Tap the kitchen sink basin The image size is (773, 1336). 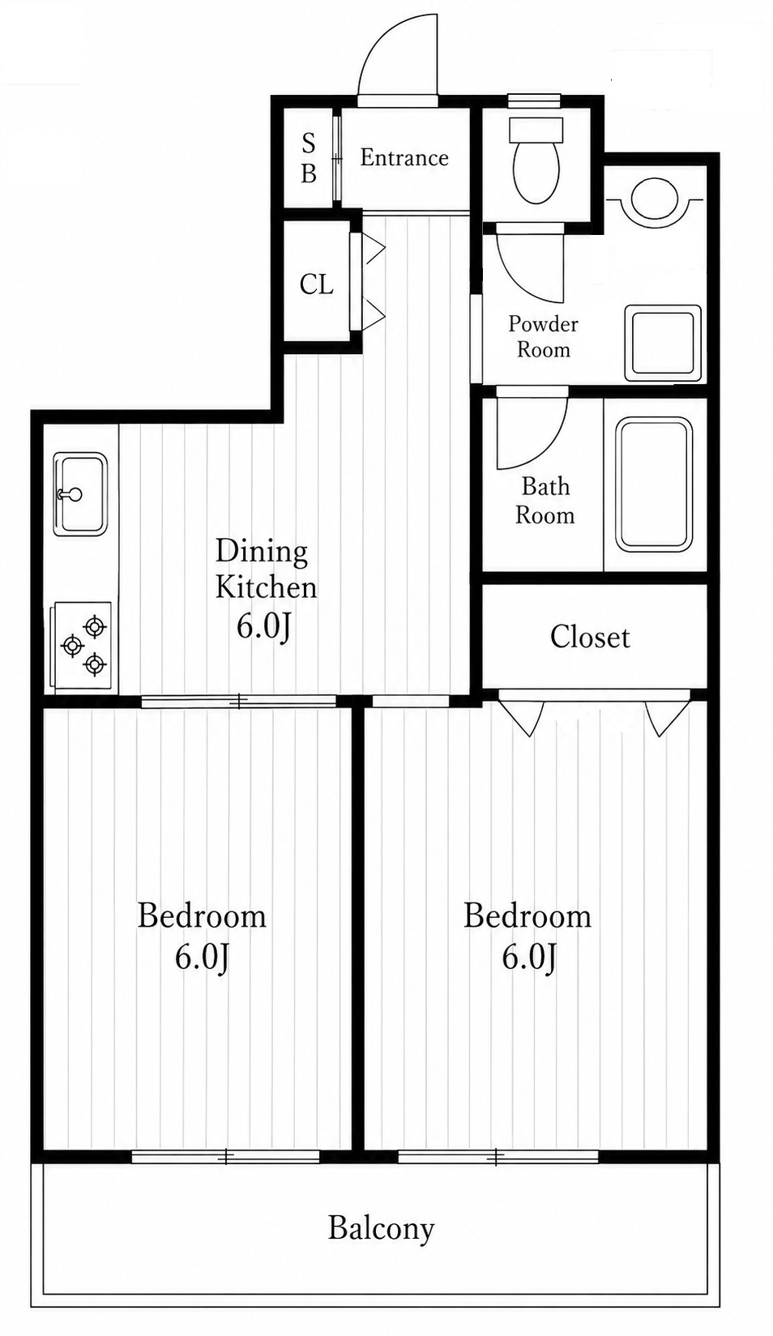coord(80,493)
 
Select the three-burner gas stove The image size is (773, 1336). coord(83,647)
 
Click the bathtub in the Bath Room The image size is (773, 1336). coord(655,484)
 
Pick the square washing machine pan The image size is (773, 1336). coord(663,344)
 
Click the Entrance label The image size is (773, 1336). coord(404,158)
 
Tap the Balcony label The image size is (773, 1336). coord(381,1228)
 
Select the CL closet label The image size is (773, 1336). coord(316,285)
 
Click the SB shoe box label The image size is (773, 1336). coord(309,158)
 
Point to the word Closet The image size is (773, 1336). coord(590,637)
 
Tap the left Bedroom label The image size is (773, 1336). coord(202,916)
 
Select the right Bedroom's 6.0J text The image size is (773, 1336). coord(529,957)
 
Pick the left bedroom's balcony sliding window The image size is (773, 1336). coord(225,1157)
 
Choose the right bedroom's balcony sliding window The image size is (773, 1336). coord(498,1157)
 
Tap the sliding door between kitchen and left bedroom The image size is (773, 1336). coord(238,702)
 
